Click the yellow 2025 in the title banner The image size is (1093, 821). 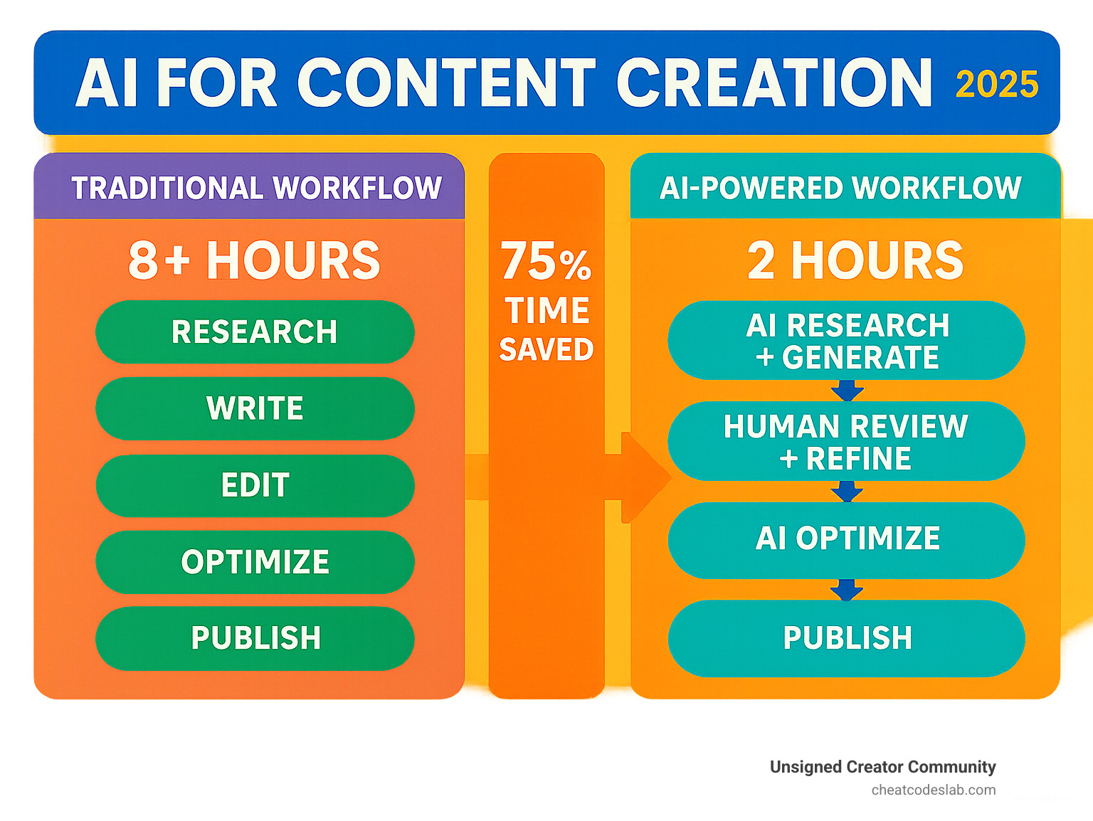[997, 85]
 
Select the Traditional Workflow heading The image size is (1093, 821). [256, 188]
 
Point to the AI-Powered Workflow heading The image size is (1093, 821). [840, 188]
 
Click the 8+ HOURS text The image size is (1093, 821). [255, 260]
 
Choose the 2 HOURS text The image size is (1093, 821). [855, 260]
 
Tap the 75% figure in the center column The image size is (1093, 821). [546, 261]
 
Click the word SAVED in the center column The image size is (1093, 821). [546, 349]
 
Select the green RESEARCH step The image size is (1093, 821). [255, 332]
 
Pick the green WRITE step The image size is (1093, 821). [255, 408]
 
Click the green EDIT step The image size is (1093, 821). [255, 485]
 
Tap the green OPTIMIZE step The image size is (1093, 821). [255, 562]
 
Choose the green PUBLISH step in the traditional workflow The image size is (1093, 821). [255, 638]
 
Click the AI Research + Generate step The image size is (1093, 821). [846, 341]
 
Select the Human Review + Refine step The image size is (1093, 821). [846, 442]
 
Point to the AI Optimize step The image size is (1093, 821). [846, 539]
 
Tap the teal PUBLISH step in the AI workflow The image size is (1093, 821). [846, 638]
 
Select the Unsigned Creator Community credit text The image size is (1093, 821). [882, 767]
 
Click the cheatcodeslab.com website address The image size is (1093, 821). [933, 790]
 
